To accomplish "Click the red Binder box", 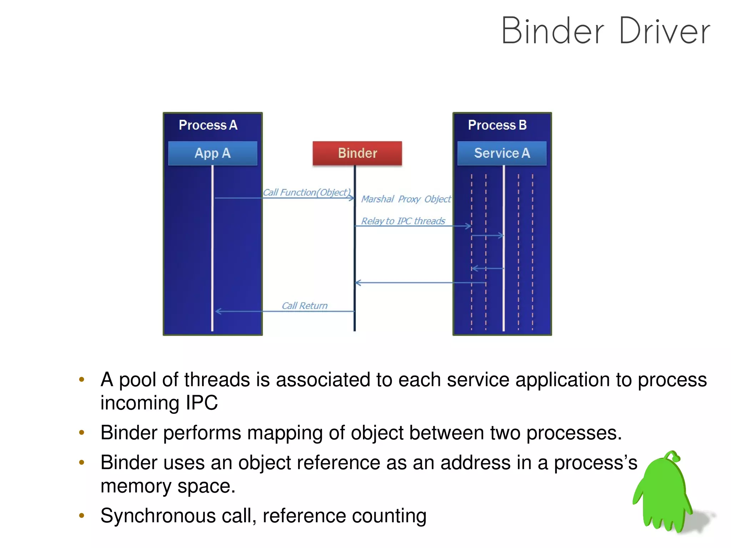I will (x=357, y=153).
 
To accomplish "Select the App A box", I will (x=212, y=153).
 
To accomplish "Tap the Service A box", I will (x=501, y=153).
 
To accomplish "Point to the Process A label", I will (x=208, y=125).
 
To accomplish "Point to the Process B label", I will (x=497, y=125).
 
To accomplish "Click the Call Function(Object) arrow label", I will (x=307, y=192).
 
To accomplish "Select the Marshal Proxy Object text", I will (x=406, y=199).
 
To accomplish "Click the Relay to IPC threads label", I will (x=403, y=221).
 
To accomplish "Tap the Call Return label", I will (x=304, y=306).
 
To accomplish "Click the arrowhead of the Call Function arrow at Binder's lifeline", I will (x=352, y=198).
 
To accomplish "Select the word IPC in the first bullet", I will (x=202, y=403).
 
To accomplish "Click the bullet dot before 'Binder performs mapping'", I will (x=82, y=433).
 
